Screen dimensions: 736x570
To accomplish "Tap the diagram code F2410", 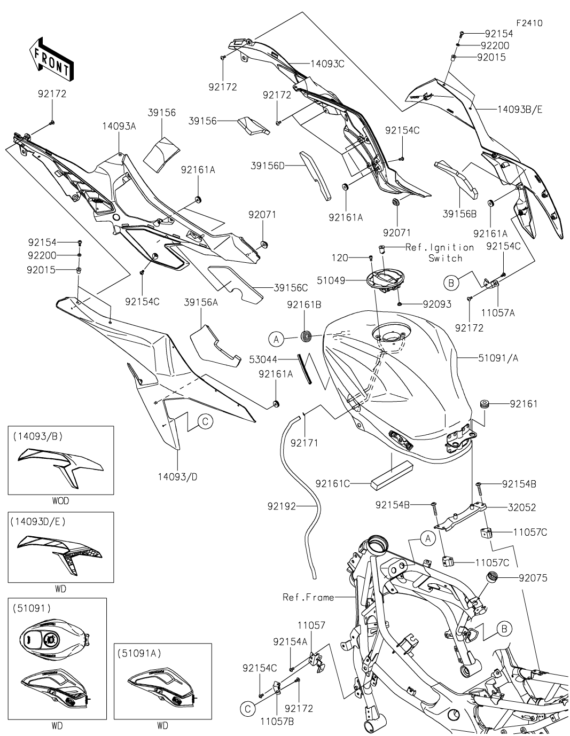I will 528,24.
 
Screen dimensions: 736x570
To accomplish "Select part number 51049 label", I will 347,280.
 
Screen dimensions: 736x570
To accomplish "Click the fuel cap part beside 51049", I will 386,280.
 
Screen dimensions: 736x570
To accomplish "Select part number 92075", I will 533,577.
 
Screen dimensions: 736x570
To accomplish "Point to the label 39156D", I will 268,166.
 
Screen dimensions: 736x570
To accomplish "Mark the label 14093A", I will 119,126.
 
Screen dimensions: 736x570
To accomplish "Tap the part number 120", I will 340,258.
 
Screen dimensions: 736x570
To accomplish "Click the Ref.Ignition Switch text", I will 440,253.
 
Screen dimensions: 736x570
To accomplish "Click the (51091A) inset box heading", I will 139,653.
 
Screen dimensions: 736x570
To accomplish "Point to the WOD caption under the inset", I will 60,502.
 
